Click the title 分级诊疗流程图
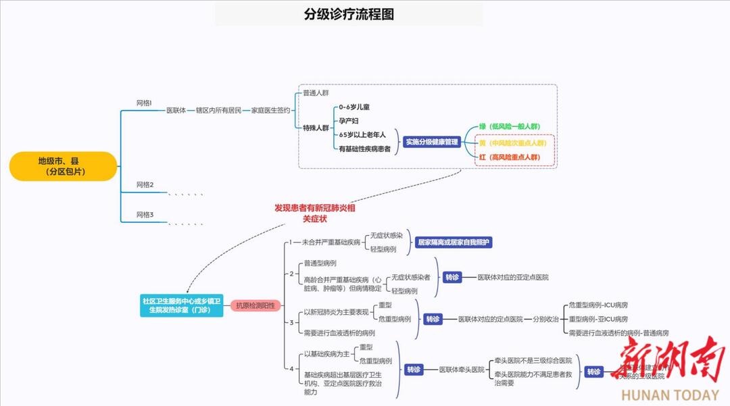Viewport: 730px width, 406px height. tap(349, 14)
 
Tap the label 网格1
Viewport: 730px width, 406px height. tap(145, 103)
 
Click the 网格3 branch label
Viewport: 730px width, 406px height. tap(145, 215)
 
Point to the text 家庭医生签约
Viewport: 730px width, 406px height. tap(270, 110)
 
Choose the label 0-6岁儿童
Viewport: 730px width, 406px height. tap(354, 107)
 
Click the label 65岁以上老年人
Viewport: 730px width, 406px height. tap(362, 134)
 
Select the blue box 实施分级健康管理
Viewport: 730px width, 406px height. tap(431, 142)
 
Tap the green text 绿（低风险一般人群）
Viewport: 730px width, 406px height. tap(510, 126)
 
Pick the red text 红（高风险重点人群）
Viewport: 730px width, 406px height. tap(510, 157)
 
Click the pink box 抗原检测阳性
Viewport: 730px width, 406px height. tap(255, 305)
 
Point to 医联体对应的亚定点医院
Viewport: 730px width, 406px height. tap(513, 277)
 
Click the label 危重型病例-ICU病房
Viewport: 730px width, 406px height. tap(598, 305)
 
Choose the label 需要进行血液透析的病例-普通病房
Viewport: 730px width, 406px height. tap(618, 332)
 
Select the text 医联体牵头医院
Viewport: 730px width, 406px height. tap(462, 370)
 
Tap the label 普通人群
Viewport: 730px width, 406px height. tap(316, 93)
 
